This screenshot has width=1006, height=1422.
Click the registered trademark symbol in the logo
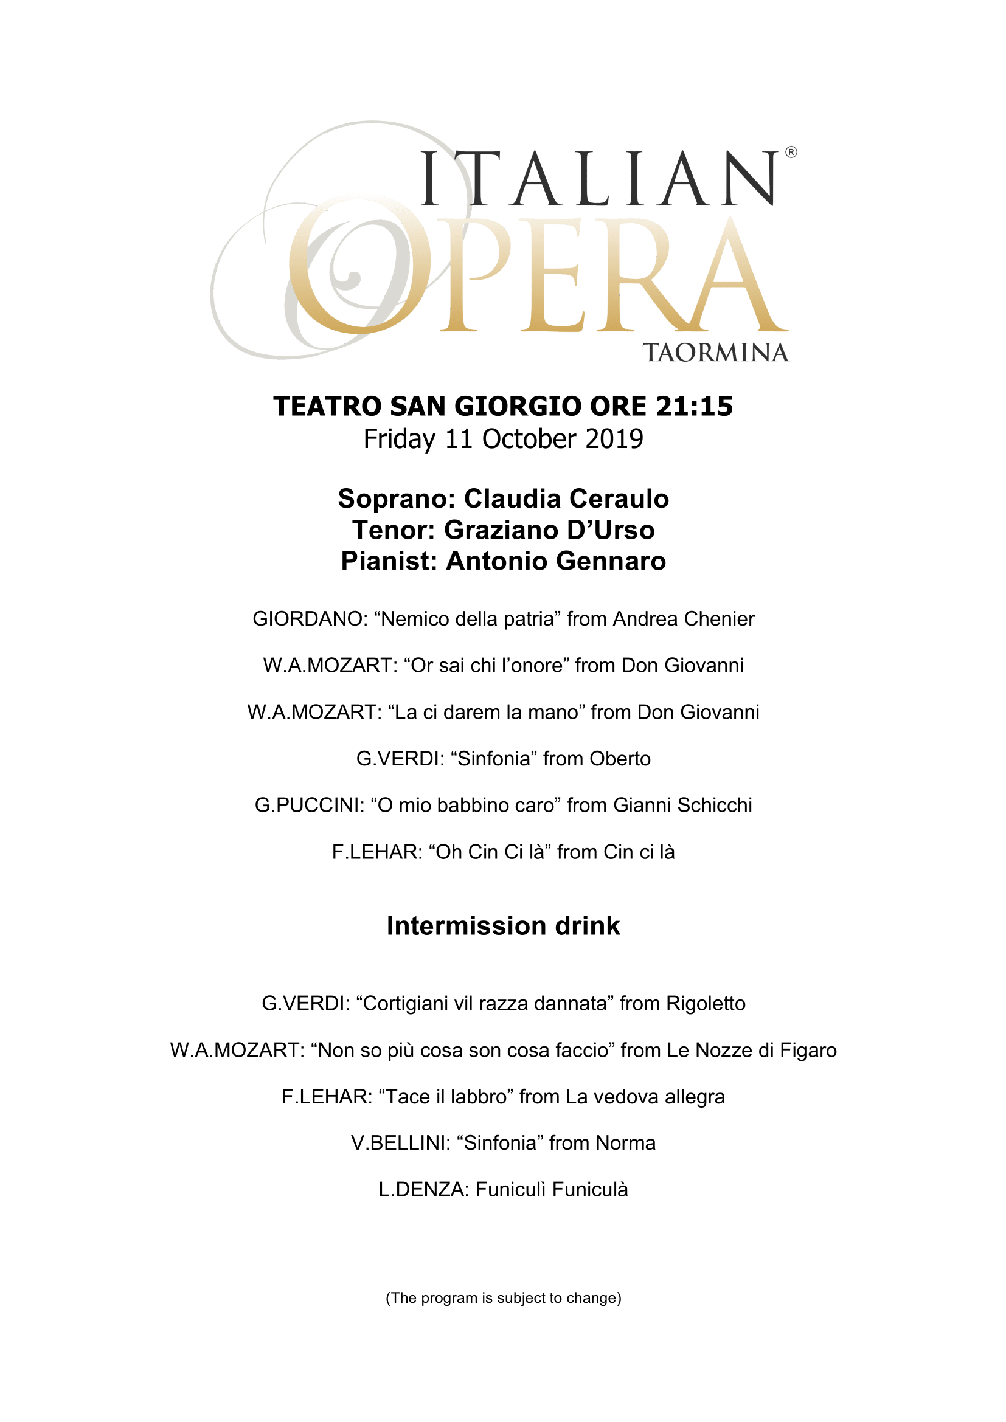791,152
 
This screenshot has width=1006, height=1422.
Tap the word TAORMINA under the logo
715,353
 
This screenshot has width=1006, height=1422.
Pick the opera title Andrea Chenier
683,619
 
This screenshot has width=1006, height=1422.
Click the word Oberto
619,759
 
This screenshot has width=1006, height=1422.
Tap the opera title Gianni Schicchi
682,805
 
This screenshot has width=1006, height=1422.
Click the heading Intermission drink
503,926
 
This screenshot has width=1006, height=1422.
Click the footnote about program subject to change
503,1297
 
